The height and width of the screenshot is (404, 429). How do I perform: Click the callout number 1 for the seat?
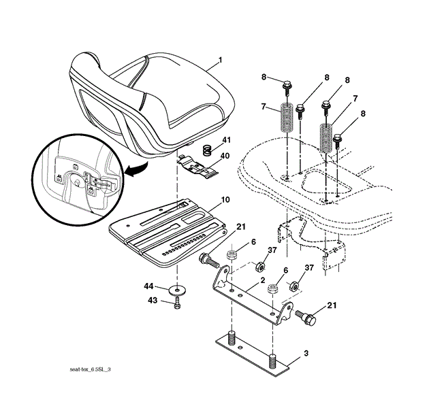click(220, 61)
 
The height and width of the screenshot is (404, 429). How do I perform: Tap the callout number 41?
click(226, 140)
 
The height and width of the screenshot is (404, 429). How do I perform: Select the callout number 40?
click(225, 156)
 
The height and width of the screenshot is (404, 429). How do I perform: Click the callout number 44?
click(148, 286)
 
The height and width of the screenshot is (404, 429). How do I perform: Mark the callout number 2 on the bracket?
click(261, 280)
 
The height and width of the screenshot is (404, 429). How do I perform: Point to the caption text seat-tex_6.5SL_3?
click(91, 369)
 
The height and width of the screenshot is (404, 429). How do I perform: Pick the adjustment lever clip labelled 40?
click(199, 165)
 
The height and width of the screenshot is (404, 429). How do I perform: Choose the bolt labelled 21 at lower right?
click(308, 316)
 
